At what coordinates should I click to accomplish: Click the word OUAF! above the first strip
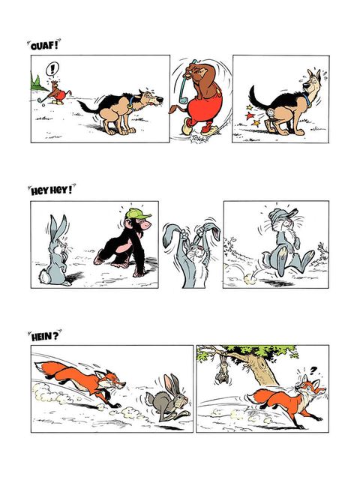(44, 46)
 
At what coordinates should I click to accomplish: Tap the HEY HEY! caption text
(52, 190)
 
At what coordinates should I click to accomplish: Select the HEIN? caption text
(45, 336)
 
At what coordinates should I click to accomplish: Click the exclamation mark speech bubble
(52, 69)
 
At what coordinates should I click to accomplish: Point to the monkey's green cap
(137, 214)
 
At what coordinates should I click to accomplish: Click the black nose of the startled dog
(160, 100)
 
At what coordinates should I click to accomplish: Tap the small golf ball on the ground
(43, 105)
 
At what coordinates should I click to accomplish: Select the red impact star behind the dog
(249, 116)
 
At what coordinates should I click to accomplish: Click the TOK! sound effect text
(196, 138)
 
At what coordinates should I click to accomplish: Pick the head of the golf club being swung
(184, 100)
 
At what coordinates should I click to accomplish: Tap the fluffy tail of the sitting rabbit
(43, 276)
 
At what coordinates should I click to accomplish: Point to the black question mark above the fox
(313, 370)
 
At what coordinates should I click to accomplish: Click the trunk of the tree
(262, 372)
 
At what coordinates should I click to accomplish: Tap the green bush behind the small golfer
(37, 83)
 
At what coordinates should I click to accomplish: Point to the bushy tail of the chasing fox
(52, 369)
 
